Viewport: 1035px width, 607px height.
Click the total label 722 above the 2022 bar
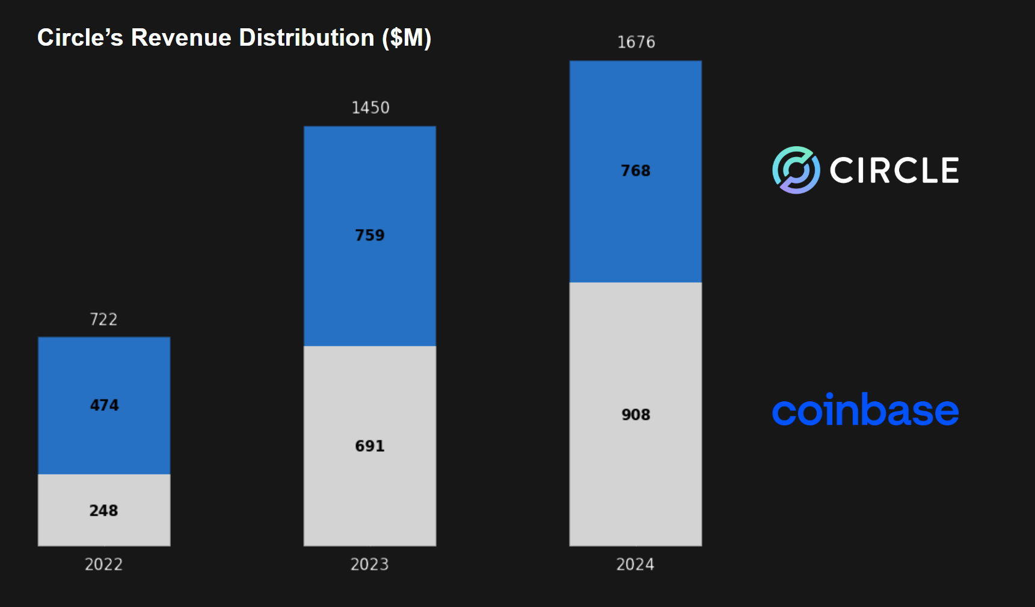(x=103, y=319)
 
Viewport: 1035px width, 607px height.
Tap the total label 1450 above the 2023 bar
(x=370, y=108)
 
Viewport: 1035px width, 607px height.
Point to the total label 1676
(x=636, y=42)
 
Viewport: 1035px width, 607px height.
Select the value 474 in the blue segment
(x=104, y=405)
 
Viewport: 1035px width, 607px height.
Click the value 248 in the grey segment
(x=103, y=511)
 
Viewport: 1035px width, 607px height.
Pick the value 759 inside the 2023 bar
(x=369, y=235)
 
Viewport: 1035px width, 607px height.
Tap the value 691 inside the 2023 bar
(x=369, y=446)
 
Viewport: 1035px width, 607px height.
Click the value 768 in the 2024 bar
(x=636, y=171)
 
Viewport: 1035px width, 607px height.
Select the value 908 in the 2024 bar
(x=636, y=415)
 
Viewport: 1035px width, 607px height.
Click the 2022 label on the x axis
(x=103, y=564)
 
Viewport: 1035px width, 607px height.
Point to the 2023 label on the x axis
(x=369, y=564)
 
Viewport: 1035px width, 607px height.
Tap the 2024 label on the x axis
(x=635, y=564)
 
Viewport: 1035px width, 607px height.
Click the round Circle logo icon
(x=796, y=170)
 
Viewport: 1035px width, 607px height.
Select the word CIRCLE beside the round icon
(x=894, y=170)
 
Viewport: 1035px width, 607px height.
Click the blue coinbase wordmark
(x=865, y=411)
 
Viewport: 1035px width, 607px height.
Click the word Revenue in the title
(x=181, y=38)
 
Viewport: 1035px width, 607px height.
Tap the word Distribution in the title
(x=307, y=38)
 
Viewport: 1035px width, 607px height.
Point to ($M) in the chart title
(x=407, y=38)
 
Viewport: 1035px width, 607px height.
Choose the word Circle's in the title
(x=80, y=38)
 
